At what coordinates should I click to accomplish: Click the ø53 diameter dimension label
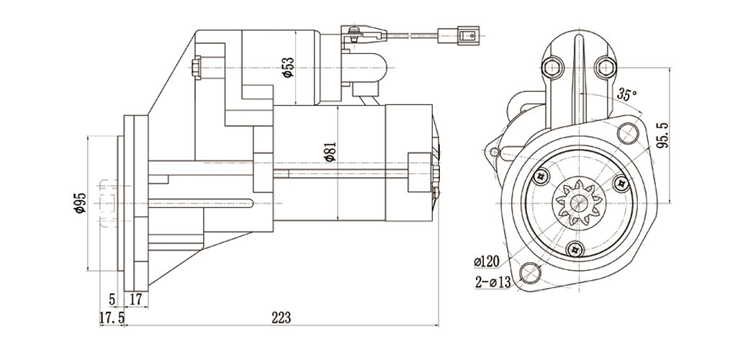287,67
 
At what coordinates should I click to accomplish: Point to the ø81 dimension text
329,153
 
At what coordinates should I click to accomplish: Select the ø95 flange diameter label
80,204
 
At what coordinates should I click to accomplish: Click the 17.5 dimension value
112,318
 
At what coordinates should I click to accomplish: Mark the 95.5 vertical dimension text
663,135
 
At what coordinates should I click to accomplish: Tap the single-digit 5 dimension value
112,298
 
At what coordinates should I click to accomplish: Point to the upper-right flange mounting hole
627,132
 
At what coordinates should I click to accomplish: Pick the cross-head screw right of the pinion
620,184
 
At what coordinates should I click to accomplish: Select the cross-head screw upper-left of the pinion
541,175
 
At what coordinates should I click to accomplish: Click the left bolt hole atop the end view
553,68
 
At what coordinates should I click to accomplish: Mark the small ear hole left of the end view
494,151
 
